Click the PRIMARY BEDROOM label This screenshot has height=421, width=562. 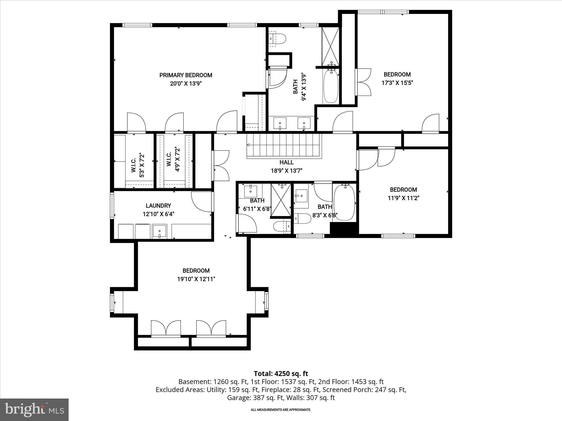(186, 75)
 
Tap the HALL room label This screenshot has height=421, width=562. (286, 162)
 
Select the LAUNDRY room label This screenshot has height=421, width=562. (158, 206)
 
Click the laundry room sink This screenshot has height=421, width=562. (159, 231)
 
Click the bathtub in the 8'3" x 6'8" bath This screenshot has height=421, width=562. (344, 202)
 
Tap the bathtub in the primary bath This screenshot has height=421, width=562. (331, 87)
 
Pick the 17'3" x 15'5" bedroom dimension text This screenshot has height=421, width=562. (397, 83)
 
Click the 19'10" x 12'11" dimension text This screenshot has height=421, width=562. (196, 279)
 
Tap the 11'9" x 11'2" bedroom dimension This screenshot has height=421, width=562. (403, 198)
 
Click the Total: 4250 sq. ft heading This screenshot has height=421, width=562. (281, 374)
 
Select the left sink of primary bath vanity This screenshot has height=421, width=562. (280, 123)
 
